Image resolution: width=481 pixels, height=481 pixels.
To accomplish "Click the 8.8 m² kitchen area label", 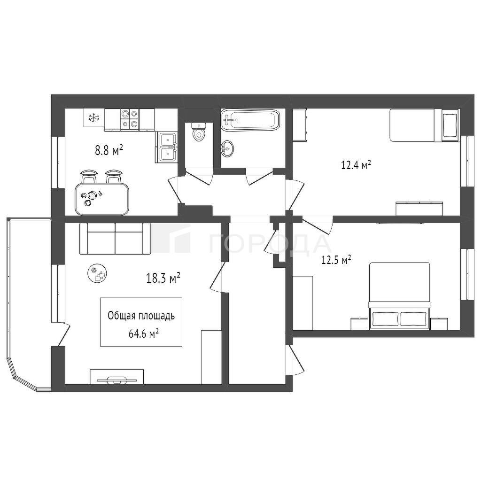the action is pyautogui.click(x=109, y=151).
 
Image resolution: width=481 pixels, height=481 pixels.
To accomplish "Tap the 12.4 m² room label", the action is pyautogui.click(x=356, y=165).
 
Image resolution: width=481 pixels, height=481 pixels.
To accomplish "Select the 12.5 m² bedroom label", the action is pyautogui.click(x=336, y=260).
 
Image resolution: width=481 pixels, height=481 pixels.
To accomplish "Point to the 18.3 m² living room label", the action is pyautogui.click(x=163, y=278).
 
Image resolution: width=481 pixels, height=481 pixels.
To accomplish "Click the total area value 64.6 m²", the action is pyautogui.click(x=144, y=334).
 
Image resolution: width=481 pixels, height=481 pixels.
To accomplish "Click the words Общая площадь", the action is pyautogui.click(x=141, y=316).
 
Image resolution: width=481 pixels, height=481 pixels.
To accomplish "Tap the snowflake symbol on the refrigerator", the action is pyautogui.click(x=94, y=117).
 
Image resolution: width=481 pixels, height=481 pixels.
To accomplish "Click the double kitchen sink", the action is pyautogui.click(x=168, y=147).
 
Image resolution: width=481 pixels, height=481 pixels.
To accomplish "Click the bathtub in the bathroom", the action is pyautogui.click(x=250, y=119).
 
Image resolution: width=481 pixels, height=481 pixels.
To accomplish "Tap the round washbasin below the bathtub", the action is pyautogui.click(x=227, y=149).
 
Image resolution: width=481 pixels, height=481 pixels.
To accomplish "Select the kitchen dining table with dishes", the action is pyautogui.click(x=102, y=199).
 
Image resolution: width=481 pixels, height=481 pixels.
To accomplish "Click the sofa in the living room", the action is pyautogui.click(x=115, y=239).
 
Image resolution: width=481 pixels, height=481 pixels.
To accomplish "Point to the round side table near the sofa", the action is pyautogui.click(x=98, y=274).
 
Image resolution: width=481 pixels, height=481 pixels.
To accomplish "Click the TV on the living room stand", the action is pyautogui.click(x=117, y=380).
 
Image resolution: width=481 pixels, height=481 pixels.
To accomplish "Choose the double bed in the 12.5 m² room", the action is pyautogui.click(x=399, y=296).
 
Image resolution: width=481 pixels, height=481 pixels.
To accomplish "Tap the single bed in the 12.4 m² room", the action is pyautogui.click(x=424, y=125).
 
